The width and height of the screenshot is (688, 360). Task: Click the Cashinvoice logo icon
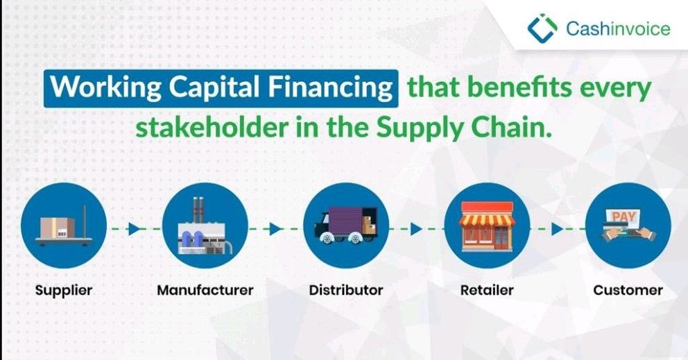pyautogui.click(x=542, y=28)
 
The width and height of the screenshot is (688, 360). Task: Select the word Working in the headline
pyautogui.click(x=94, y=89)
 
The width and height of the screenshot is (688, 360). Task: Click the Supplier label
pyautogui.click(x=64, y=290)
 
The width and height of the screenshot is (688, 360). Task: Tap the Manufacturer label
pyautogui.click(x=205, y=290)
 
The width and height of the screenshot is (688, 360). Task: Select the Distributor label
pyautogui.click(x=345, y=290)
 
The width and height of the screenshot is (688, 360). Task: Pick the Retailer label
pyautogui.click(x=487, y=290)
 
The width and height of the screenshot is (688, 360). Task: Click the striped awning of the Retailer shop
pyautogui.click(x=487, y=219)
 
